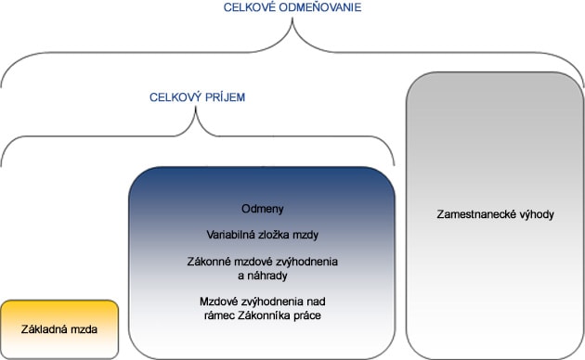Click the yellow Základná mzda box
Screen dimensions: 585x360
(x=59, y=329)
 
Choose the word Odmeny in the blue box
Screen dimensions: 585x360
(x=263, y=209)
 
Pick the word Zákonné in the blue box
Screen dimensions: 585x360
(x=209, y=262)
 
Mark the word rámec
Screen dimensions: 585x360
(x=219, y=316)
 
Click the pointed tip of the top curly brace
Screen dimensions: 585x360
(x=292, y=19)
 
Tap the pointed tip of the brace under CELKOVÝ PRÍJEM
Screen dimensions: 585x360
(x=196, y=107)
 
